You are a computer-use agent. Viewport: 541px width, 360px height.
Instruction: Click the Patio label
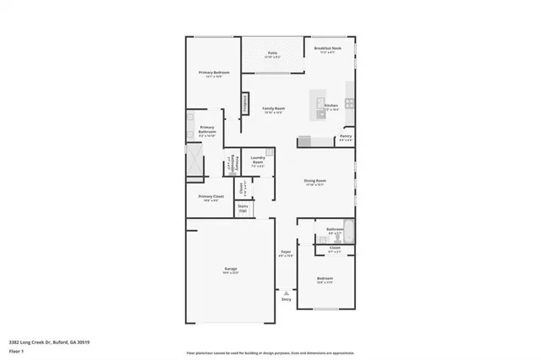273,52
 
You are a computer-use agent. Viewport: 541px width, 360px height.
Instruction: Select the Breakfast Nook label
326,49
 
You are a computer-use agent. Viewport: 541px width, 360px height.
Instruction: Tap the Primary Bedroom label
214,73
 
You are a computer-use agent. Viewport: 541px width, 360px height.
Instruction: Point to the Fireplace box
246,102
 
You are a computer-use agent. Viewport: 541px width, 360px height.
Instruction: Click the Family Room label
272,108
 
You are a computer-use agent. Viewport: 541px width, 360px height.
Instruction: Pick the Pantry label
345,135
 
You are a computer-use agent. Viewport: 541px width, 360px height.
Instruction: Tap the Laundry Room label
258,159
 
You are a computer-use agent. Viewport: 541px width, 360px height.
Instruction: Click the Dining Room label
315,180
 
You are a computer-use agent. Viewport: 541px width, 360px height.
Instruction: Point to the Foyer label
286,253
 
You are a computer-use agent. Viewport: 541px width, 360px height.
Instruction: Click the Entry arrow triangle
286,292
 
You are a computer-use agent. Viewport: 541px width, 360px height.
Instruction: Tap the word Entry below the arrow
286,299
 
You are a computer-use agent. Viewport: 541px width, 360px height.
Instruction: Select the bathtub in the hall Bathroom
348,229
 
